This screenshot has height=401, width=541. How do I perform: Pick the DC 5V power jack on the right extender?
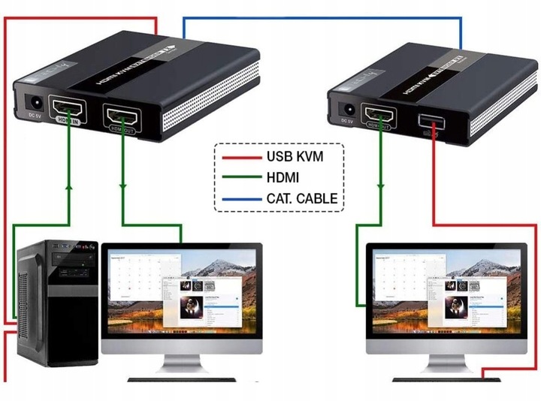[347, 107]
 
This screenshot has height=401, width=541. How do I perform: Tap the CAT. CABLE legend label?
[301, 199]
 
